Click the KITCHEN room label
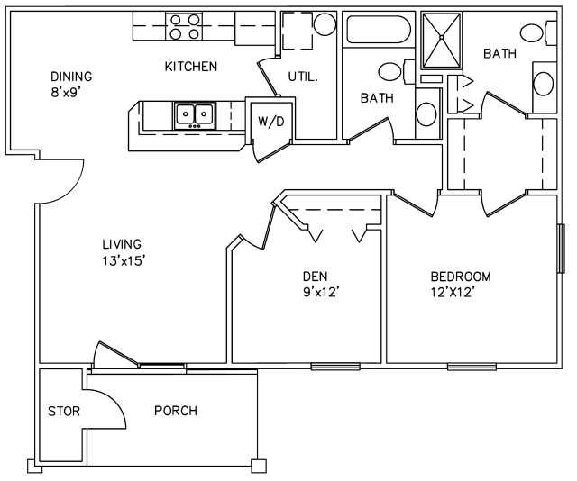click(190, 67)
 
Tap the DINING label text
click(71, 77)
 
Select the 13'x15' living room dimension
click(123, 260)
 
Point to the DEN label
click(315, 276)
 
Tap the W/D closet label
click(271, 122)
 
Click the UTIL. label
click(303, 77)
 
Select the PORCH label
click(176, 411)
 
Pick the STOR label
click(64, 411)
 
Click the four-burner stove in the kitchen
click(184, 26)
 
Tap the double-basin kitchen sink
click(195, 115)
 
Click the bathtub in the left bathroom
click(379, 29)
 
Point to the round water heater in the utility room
click(325, 24)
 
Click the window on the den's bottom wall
click(334, 366)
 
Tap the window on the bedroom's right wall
click(561, 249)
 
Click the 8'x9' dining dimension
click(66, 92)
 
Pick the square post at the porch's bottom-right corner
click(259, 467)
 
